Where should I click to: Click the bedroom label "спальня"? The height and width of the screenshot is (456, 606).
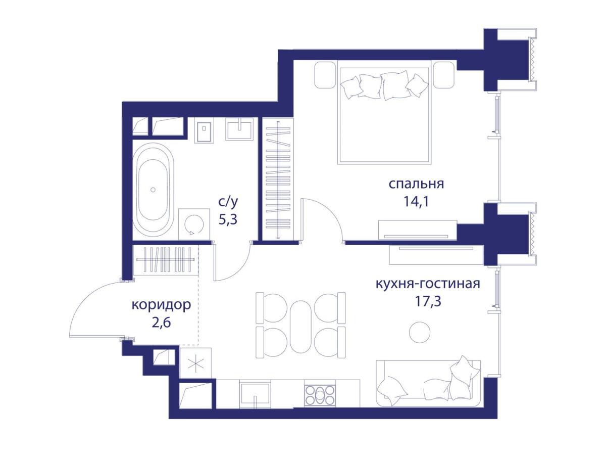[x=416, y=184]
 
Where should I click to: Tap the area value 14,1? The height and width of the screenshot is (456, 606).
[x=416, y=202]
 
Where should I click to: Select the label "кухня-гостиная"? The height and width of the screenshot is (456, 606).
[x=427, y=283]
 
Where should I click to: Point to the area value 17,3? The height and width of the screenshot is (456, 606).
[x=427, y=302]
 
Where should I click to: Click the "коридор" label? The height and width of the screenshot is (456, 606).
[x=161, y=305]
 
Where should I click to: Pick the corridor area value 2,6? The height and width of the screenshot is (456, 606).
[x=161, y=324]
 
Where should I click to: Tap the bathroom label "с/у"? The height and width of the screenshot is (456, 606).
[x=227, y=202]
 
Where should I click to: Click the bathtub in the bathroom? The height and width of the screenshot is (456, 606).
[x=153, y=189]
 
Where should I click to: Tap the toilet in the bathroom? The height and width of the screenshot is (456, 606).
[x=204, y=130]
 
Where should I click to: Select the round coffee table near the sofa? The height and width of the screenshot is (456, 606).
[x=420, y=332]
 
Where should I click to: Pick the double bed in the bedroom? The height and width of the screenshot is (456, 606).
[x=384, y=114]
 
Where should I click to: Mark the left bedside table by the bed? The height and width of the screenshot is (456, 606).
[x=325, y=74]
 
